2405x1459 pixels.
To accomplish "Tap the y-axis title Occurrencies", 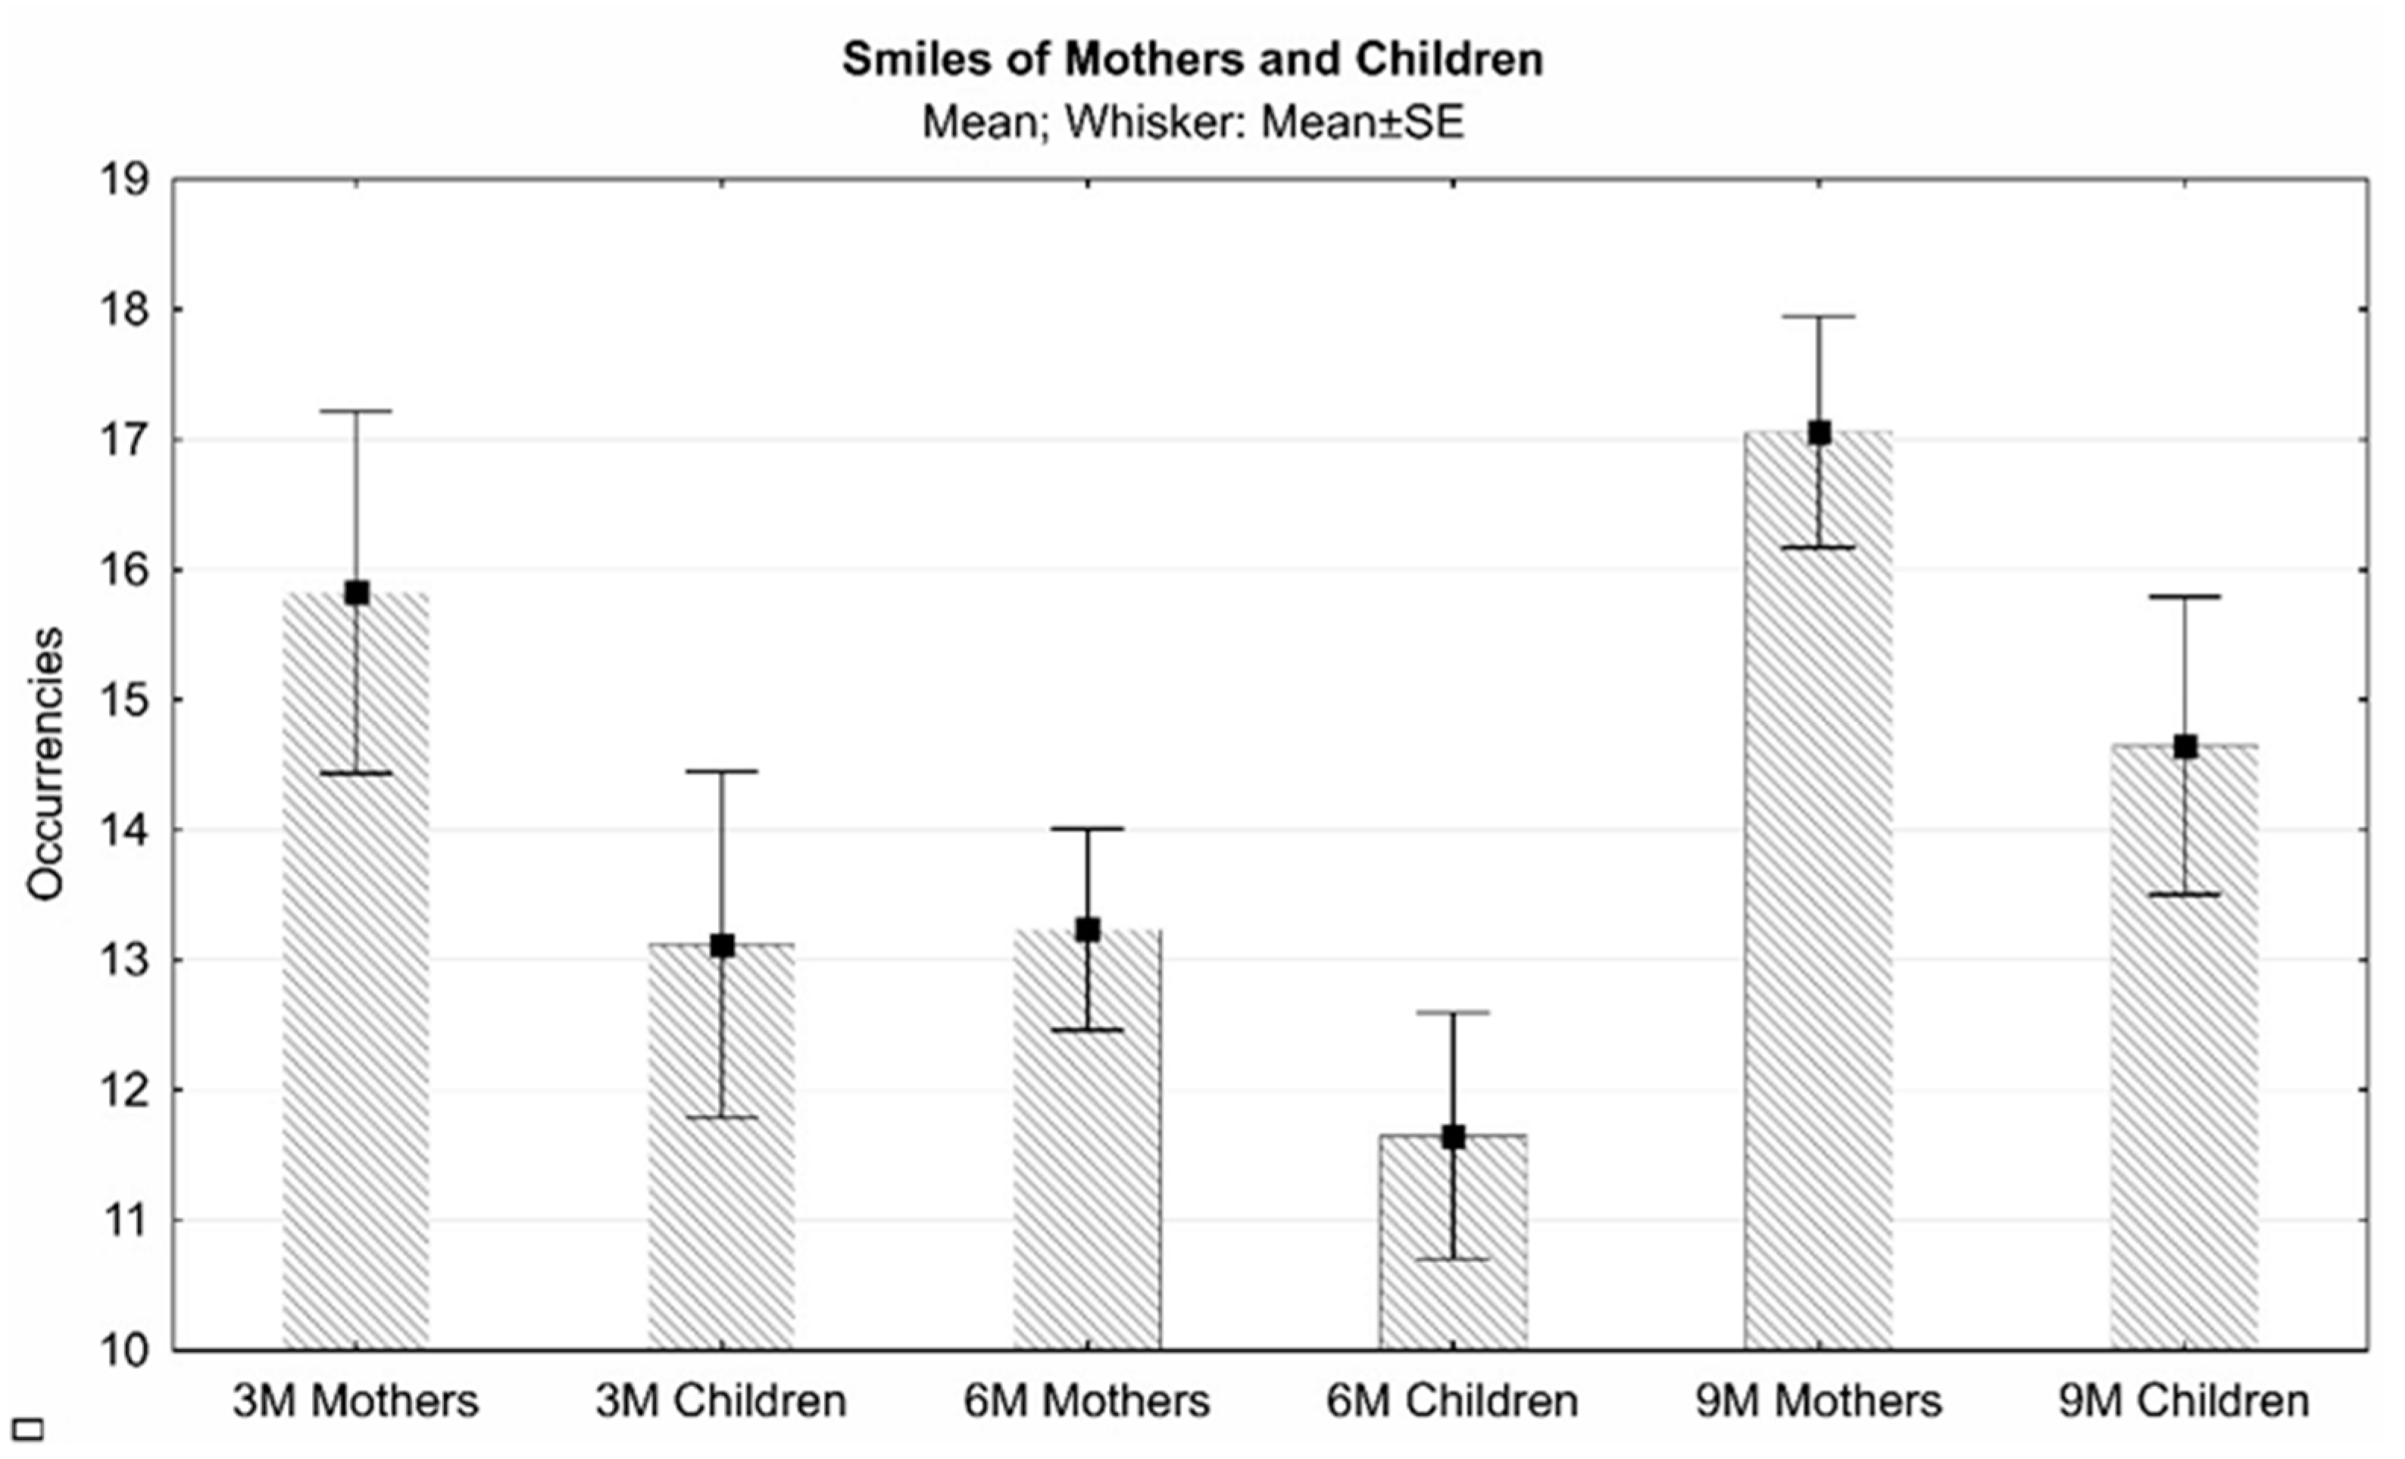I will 45,764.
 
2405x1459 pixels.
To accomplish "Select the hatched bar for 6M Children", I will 1452,1269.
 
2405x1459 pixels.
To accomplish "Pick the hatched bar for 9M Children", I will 2185,1073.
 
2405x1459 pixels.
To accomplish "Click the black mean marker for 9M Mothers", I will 1819,433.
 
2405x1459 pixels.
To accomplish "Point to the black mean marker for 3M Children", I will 723,945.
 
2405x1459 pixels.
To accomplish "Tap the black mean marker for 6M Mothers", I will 1087,930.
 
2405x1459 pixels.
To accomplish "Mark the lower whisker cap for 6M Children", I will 1452,1259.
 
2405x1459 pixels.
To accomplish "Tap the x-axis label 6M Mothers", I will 1087,1401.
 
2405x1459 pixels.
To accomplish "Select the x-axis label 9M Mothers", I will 1819,1401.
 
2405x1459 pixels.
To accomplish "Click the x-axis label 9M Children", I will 2185,1401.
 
